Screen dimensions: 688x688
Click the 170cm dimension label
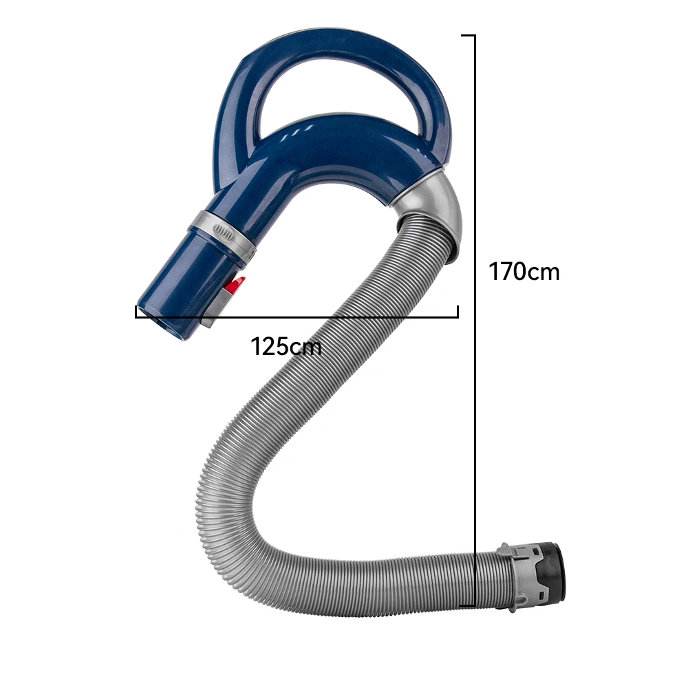[x=524, y=272]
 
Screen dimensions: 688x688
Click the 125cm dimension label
[x=286, y=346]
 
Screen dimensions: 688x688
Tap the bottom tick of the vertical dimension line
[x=467, y=605]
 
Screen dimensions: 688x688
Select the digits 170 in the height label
[x=508, y=272]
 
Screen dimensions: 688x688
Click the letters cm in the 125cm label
[x=305, y=346]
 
